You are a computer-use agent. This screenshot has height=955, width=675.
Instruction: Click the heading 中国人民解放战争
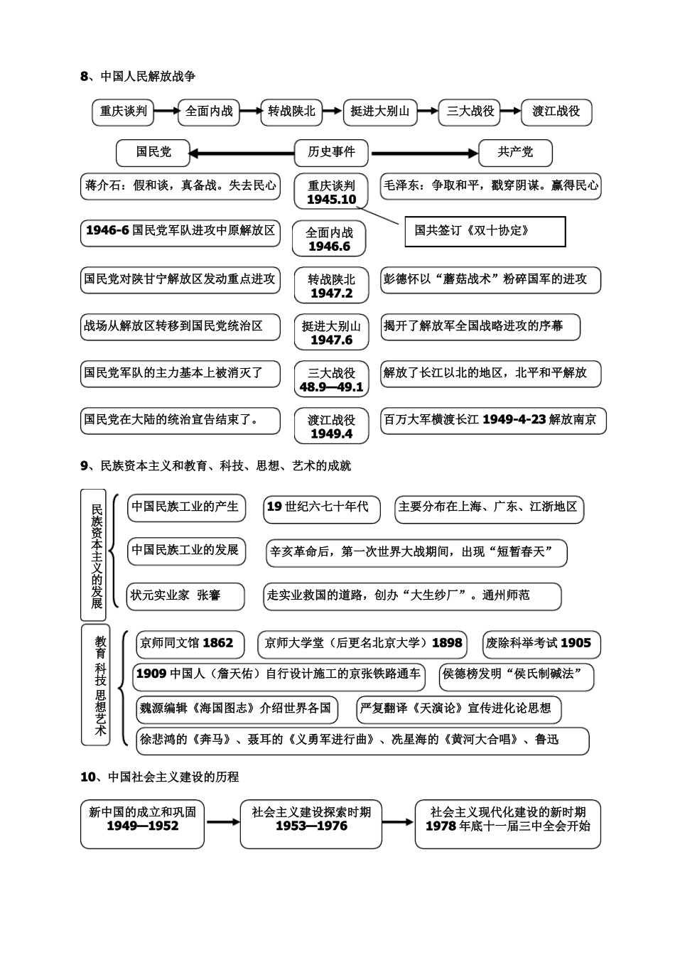coord(148,76)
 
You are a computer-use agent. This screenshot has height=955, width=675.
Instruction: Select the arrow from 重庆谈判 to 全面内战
coord(166,111)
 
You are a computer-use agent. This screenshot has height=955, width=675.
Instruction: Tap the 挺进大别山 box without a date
coord(380,112)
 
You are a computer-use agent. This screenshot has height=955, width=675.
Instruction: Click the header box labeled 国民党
coord(153,152)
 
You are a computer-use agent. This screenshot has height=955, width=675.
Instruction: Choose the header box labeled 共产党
coord(515,152)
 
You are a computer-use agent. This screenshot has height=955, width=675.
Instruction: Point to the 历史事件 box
coord(331,152)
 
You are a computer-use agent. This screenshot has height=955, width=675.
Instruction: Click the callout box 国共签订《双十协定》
coord(485,232)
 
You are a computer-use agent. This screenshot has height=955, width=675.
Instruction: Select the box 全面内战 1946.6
coord(329,239)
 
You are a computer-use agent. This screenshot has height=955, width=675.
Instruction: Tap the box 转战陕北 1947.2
coord(331,286)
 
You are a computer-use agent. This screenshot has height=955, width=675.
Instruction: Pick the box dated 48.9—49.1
coord(331,380)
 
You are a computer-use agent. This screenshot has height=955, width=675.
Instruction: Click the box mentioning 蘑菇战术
coord(490,279)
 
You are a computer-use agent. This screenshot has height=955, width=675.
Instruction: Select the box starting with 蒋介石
coord(180,185)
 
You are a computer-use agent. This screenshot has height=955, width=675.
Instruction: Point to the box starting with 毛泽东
coord(490,185)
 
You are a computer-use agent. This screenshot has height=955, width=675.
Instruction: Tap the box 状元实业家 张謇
coord(185,595)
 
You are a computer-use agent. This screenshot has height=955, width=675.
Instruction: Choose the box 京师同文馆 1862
coord(190,643)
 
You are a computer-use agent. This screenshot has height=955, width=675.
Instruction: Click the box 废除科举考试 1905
coord(541,643)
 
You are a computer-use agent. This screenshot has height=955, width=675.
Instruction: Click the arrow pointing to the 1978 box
coord(399,822)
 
